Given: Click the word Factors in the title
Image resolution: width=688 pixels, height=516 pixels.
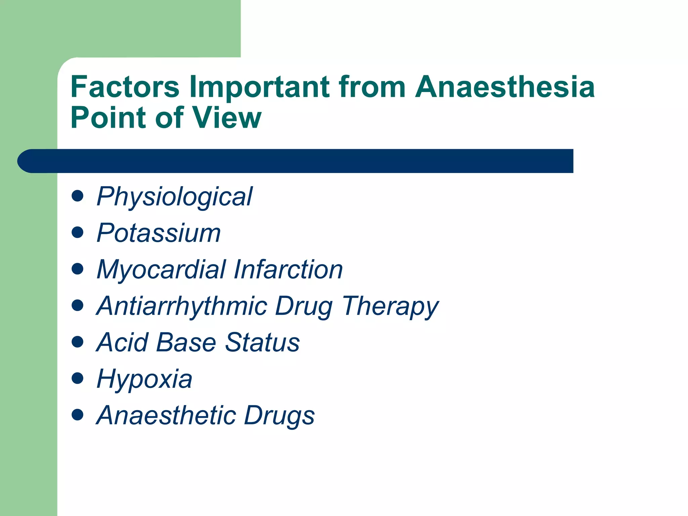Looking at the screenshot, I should click(125, 87).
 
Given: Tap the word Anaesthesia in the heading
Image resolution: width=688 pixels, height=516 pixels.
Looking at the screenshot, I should click(505, 87).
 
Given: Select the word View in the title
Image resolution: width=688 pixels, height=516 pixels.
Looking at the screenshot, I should click(226, 118).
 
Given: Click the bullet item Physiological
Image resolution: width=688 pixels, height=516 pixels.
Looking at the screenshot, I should click(174, 197).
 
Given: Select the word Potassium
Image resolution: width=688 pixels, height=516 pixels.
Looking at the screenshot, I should click(159, 233).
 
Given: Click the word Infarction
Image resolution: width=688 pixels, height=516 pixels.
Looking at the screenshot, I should click(288, 270).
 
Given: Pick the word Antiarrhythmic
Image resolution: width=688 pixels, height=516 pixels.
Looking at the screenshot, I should click(182, 306).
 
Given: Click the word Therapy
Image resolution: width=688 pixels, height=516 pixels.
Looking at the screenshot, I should click(390, 306).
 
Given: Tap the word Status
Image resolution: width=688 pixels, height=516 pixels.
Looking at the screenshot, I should click(262, 342).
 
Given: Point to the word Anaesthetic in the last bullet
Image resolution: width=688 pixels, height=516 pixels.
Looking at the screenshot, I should click(166, 416).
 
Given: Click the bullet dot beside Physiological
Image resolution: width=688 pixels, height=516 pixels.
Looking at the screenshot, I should click(78, 196).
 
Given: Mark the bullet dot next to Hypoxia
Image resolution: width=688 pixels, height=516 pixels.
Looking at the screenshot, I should click(78, 378).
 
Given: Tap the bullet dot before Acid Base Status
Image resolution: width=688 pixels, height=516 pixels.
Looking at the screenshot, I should click(78, 342).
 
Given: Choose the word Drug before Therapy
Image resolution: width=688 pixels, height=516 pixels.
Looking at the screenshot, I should click(304, 306).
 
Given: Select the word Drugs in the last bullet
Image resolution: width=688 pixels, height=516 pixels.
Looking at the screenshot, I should click(279, 416).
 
